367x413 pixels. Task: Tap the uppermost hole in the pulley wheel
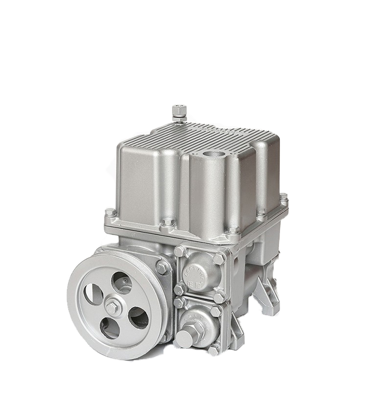(x=121, y=282)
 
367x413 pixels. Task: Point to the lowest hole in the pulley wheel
(x=109, y=329)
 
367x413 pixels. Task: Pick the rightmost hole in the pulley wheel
(x=138, y=318)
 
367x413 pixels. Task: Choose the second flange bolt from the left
(x=168, y=223)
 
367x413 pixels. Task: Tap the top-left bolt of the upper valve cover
(x=180, y=251)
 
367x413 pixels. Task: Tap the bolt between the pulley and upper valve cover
(x=162, y=267)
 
